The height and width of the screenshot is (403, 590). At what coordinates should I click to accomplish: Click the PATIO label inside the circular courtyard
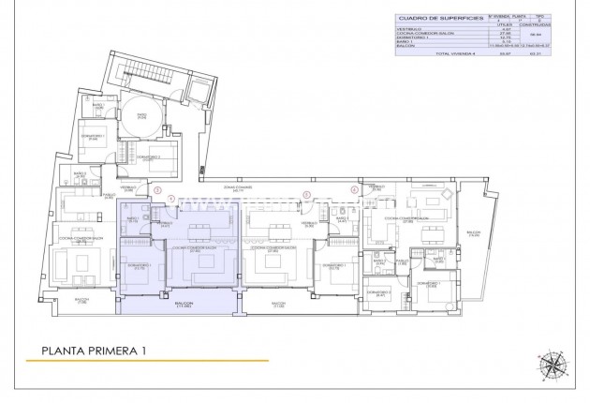[x=140, y=116]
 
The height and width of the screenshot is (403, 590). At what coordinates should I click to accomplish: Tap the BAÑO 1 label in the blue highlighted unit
[x=133, y=219]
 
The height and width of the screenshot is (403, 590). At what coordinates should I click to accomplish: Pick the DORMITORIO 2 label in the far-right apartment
[x=430, y=283]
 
